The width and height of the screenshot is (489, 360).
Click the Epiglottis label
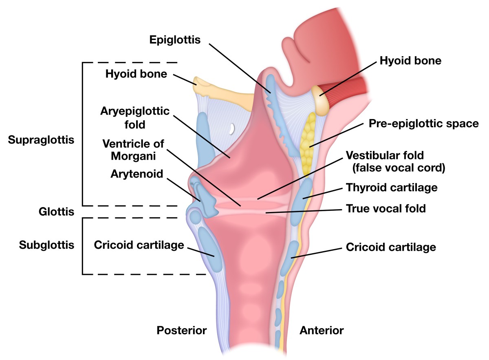tap(175, 40)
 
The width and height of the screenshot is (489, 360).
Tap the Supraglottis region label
tap(41, 140)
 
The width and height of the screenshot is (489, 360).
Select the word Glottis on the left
tap(57, 212)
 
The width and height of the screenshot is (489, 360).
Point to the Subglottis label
tap(47, 245)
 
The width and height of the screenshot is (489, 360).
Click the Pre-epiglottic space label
tap(423, 124)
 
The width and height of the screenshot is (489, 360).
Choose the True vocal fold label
tap(385, 209)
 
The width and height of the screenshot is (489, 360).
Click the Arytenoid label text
tap(137, 174)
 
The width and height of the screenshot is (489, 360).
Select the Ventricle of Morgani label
tap(133, 150)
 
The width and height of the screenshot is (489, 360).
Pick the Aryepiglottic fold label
tap(135, 117)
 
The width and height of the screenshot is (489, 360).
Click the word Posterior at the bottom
tap(182, 330)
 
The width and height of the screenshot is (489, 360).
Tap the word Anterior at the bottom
tap(322, 330)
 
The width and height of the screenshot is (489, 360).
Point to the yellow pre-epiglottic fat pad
tap(308, 137)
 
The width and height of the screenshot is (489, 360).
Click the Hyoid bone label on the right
tap(410, 61)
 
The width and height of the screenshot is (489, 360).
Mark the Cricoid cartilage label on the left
tap(139, 245)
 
